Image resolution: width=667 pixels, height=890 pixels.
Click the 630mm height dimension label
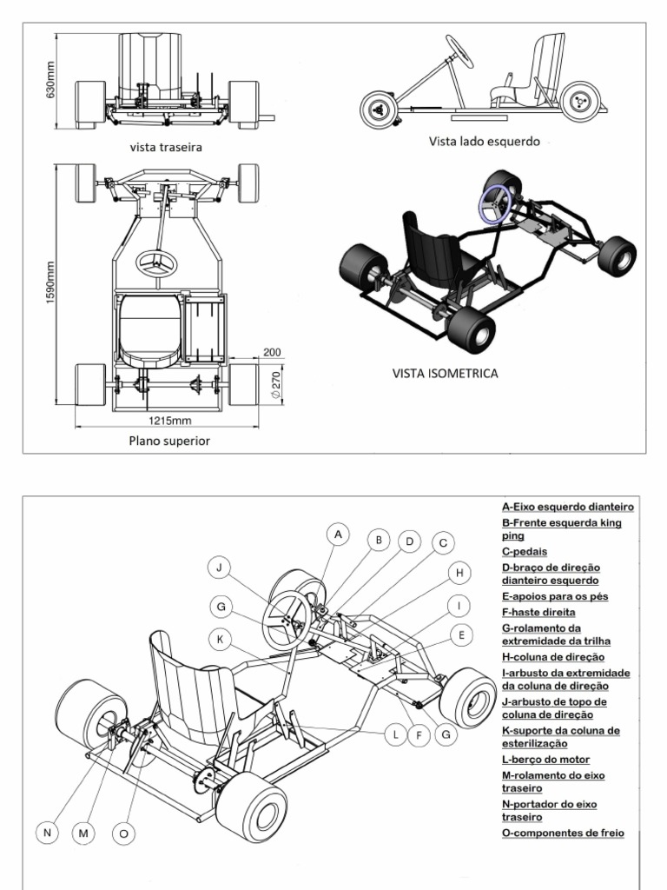coord(50,80)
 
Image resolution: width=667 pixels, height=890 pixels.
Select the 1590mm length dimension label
coord(50,284)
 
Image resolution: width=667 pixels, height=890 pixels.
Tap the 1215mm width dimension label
coord(168,422)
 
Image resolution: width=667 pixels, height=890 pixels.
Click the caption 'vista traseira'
coord(166,147)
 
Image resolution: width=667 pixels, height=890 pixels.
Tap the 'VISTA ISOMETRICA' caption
coord(446,374)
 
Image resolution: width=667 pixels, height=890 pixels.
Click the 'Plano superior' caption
coord(169,441)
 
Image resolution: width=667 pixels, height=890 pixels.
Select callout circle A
coord(339,534)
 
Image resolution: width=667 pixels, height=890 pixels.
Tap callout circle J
coord(221,568)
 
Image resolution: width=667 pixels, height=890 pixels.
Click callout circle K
coord(221,640)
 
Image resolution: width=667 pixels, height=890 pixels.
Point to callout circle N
coord(48,833)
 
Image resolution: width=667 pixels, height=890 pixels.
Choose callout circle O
coord(123,833)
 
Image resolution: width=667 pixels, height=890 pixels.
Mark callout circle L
coord(395,734)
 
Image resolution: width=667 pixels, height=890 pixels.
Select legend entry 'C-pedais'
coord(525,551)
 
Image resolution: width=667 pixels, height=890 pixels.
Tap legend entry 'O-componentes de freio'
coord(563,833)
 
